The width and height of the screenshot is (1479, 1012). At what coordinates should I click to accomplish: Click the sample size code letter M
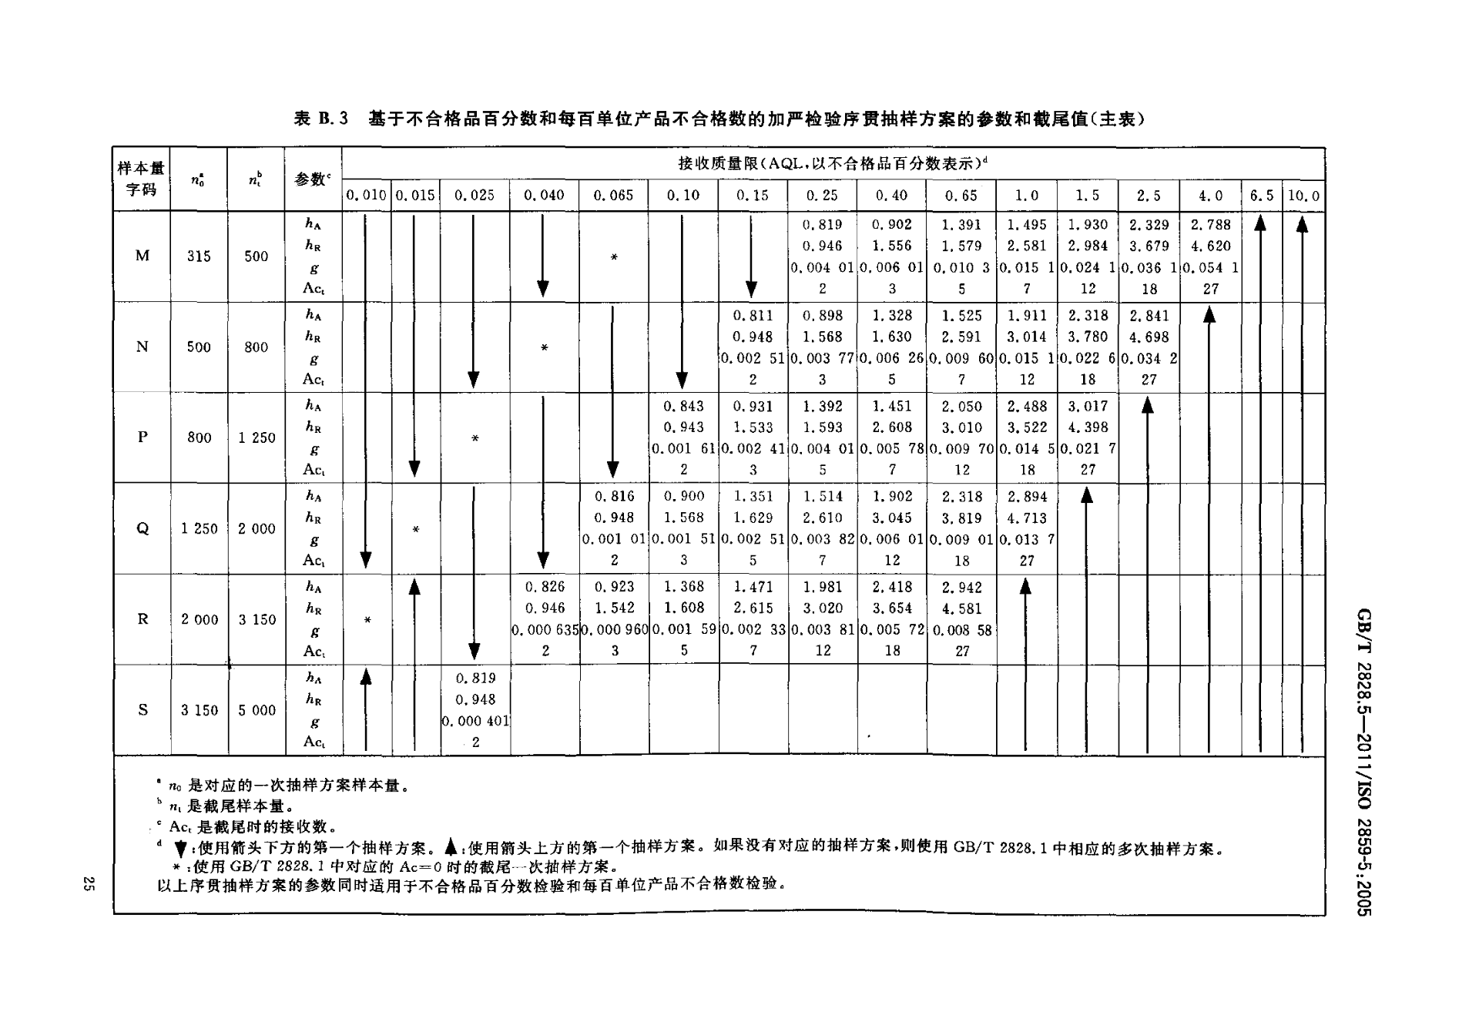[143, 256]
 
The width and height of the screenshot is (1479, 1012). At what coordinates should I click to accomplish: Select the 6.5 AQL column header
[1262, 196]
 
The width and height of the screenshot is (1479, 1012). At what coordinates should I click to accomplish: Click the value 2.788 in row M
[1211, 225]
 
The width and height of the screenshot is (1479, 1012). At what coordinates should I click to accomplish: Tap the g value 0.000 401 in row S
[475, 721]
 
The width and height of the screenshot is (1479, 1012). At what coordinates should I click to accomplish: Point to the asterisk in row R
[368, 620]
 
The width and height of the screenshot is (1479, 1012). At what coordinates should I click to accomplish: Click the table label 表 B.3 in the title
[322, 119]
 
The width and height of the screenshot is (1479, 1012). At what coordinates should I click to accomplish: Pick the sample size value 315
[199, 256]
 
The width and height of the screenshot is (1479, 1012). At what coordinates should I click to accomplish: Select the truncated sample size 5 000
[257, 710]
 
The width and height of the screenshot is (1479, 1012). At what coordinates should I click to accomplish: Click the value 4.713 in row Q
[1027, 518]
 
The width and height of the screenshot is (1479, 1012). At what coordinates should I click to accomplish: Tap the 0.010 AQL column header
[367, 196]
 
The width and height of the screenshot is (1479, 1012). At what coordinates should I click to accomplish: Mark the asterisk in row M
[614, 257]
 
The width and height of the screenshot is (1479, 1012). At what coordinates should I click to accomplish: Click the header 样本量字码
[142, 179]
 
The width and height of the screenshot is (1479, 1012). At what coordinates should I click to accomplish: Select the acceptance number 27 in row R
[962, 652]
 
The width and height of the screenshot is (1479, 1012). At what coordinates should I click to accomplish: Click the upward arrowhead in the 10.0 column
[1303, 223]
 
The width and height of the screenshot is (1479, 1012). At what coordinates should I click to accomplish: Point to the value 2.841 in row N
[1149, 316]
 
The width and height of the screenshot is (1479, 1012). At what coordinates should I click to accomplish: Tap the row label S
[143, 710]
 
